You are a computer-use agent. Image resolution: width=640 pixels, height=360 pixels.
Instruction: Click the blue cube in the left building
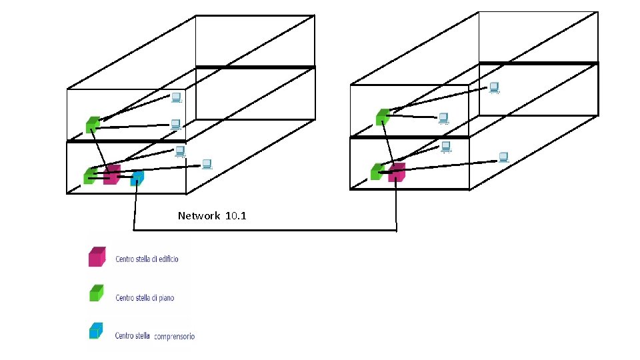coord(137,178)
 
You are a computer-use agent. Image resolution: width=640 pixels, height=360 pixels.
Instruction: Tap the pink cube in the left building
coord(112,175)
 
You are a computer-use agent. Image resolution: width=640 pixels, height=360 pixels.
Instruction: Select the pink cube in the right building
coord(397,173)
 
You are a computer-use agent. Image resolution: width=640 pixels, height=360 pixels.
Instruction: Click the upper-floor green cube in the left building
coord(93,124)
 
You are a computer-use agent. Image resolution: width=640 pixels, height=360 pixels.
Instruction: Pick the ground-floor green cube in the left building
coord(89,175)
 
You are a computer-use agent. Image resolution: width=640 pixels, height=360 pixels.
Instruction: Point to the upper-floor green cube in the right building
coord(382,117)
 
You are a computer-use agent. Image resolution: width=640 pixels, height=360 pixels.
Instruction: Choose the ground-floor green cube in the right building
coord(377,171)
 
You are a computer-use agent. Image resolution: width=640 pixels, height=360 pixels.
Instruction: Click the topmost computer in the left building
coord(176,98)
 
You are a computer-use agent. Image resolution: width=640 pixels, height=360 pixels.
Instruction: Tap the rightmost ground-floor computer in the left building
coord(207,163)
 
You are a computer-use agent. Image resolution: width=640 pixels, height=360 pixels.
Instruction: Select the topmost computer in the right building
coord(494,87)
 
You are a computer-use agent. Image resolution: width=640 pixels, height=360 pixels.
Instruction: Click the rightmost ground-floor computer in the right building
coord(504,157)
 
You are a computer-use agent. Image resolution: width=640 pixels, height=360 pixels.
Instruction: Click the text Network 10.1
coord(212,216)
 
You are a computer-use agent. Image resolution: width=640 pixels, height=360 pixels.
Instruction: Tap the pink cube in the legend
coord(97,257)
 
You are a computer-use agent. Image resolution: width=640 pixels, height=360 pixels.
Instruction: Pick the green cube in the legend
coord(97,293)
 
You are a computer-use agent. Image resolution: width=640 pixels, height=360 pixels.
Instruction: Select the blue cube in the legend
coord(97,331)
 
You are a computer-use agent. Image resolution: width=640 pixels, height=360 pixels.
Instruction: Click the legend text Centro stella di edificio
coord(147,259)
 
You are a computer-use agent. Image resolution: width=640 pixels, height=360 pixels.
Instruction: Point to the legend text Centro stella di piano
coord(145,298)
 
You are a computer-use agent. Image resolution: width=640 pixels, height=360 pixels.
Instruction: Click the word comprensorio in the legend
coord(174,337)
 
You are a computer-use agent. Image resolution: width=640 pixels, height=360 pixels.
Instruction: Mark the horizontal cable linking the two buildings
coord(267,231)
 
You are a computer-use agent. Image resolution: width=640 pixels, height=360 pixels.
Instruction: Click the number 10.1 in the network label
coord(236,216)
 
